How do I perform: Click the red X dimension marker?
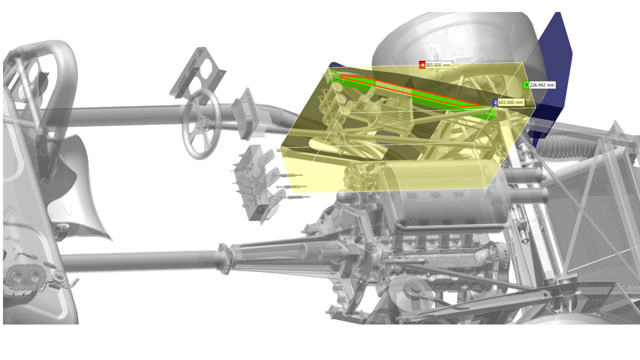(x=422, y=65)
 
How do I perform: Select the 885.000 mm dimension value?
(x=438, y=65)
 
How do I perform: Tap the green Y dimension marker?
(x=526, y=85)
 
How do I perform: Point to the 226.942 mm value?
(x=542, y=85)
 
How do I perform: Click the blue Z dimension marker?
(x=495, y=102)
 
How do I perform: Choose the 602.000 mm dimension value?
(x=511, y=102)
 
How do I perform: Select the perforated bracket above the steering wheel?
(x=198, y=75)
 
